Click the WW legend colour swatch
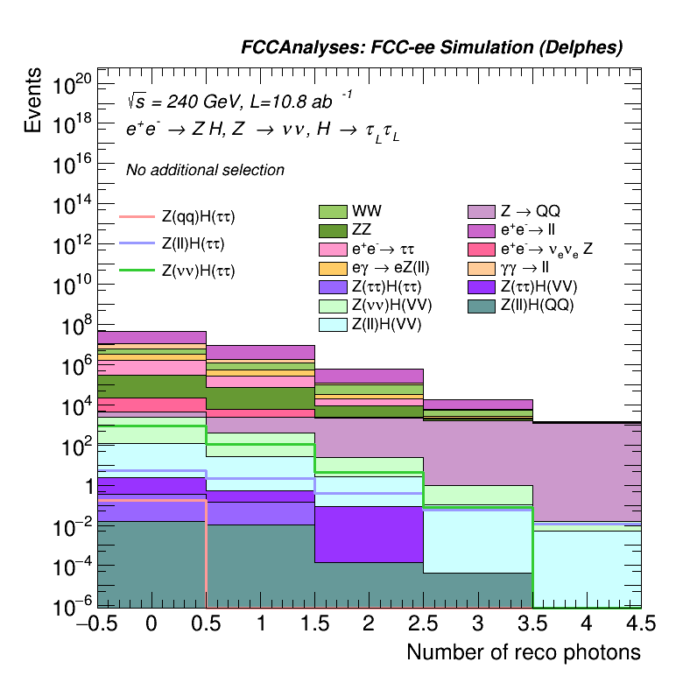pos(333,212)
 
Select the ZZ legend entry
pos(333,230)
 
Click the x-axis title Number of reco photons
pos(523,652)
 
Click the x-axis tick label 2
pos(369,623)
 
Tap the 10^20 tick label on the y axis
pos(73,86)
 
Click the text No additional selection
pos(205,170)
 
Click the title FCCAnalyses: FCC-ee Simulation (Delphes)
pos(432,48)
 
